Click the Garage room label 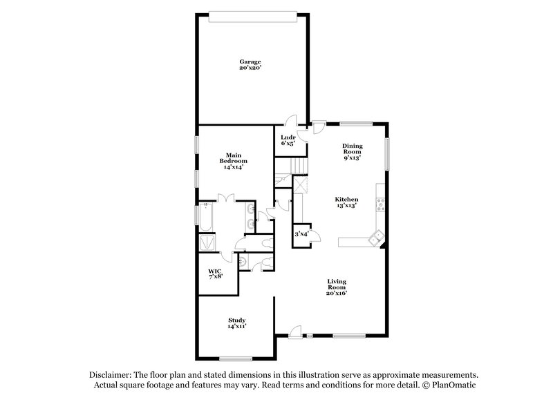[250, 61]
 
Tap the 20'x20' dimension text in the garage [250, 68]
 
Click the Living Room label [337, 285]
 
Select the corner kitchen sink [377, 238]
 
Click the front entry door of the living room [295, 334]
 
